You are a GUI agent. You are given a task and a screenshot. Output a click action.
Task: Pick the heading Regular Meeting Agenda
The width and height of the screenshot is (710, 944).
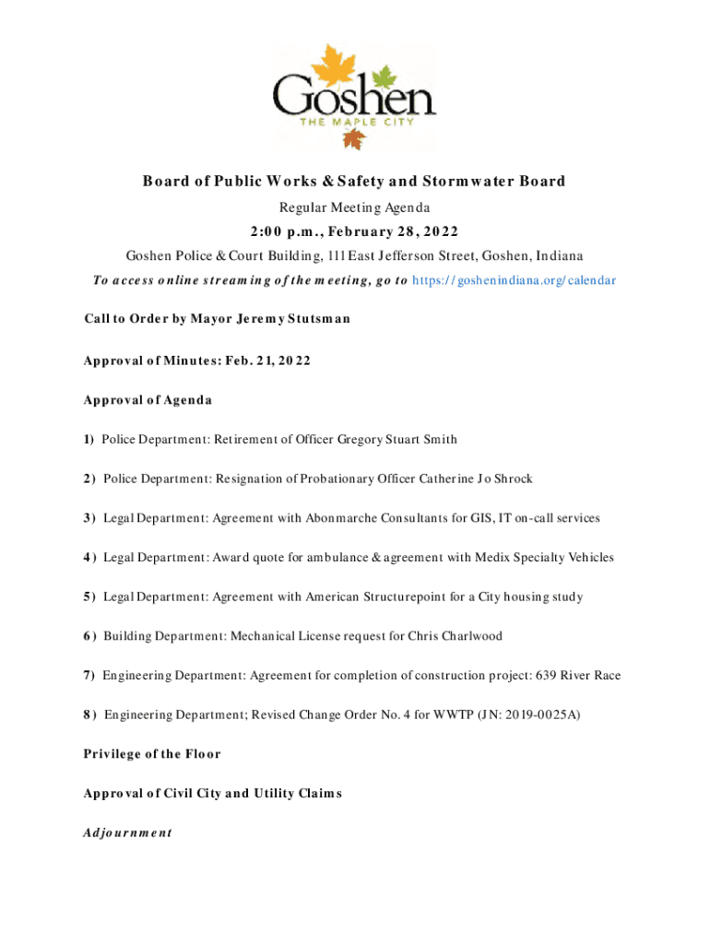(x=354, y=208)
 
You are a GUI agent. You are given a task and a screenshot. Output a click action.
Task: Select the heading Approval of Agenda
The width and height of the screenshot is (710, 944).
(x=148, y=400)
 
